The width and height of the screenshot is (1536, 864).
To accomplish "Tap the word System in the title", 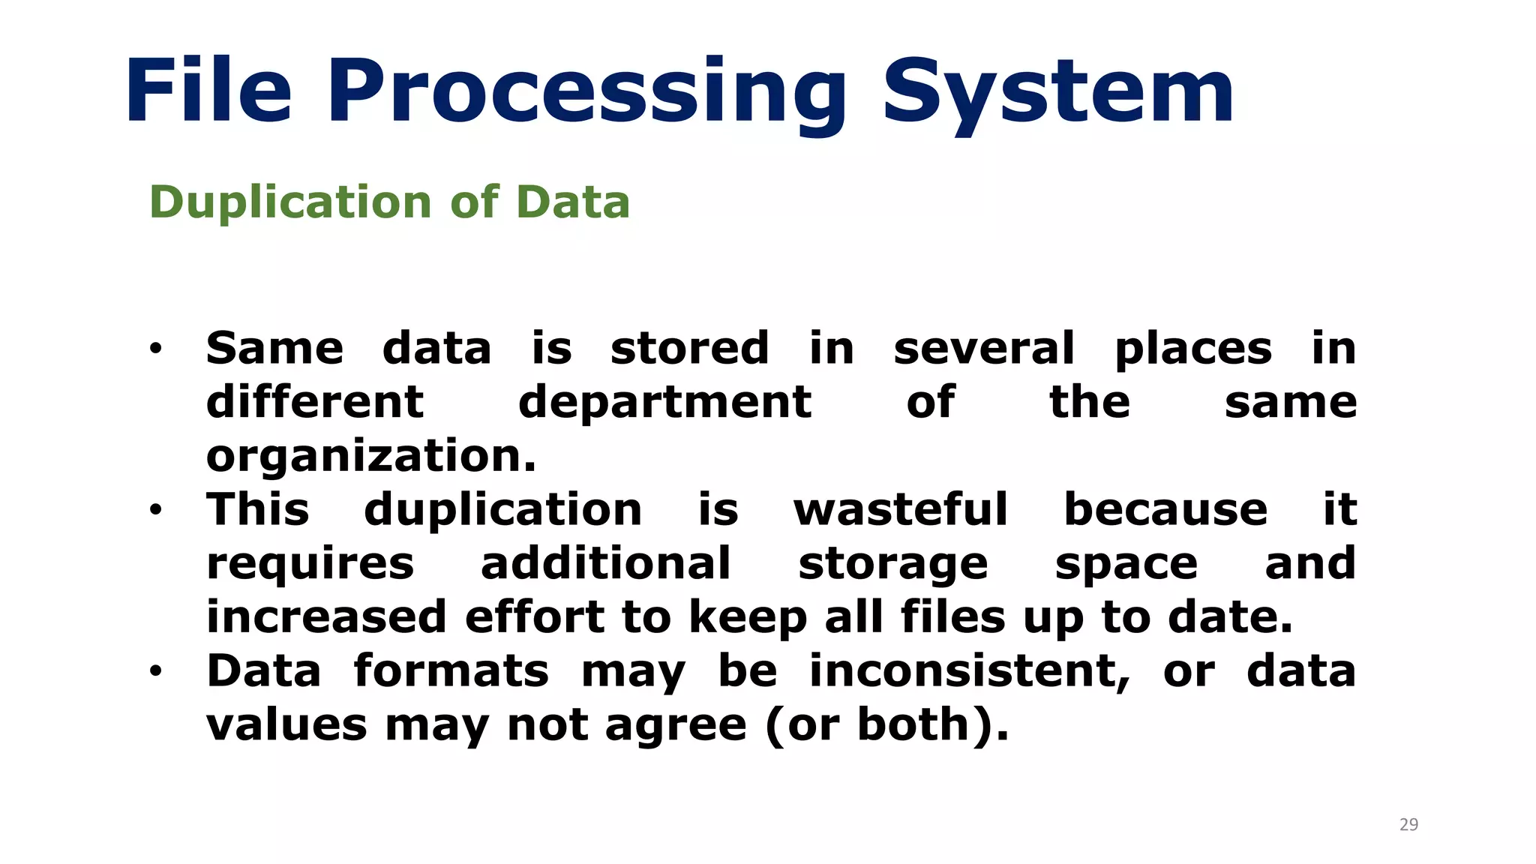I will pyautogui.click(x=1057, y=94).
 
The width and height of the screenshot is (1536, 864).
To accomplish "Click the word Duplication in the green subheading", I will pyautogui.click(x=290, y=202).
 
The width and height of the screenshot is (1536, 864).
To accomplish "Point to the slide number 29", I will pyautogui.click(x=1408, y=825).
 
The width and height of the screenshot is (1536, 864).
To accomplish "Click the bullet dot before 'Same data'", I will pyautogui.click(x=155, y=349).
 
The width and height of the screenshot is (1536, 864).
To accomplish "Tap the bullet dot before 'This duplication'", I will pyautogui.click(x=155, y=511).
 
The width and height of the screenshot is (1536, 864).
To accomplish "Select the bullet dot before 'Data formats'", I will pyautogui.click(x=155, y=671).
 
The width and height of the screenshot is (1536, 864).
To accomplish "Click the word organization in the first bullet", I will pyautogui.click(x=371, y=456).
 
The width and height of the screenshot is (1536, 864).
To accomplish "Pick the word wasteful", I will pyautogui.click(x=901, y=510).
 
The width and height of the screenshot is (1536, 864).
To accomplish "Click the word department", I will pyautogui.click(x=664, y=403).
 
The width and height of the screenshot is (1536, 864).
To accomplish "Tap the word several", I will pyautogui.click(x=984, y=349).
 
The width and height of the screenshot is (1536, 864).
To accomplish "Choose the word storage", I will pyautogui.click(x=892, y=565).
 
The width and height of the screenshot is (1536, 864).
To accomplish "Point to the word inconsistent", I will pyautogui.click(x=969, y=671).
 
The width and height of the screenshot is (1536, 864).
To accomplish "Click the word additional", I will pyautogui.click(x=605, y=564).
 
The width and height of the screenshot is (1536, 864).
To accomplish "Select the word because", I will pyautogui.click(x=1165, y=510).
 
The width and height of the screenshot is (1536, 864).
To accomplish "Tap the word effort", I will pyautogui.click(x=534, y=617).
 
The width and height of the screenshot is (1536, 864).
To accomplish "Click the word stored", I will pyautogui.click(x=689, y=349).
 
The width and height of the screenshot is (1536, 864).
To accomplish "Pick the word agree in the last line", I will pyautogui.click(x=676, y=726).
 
